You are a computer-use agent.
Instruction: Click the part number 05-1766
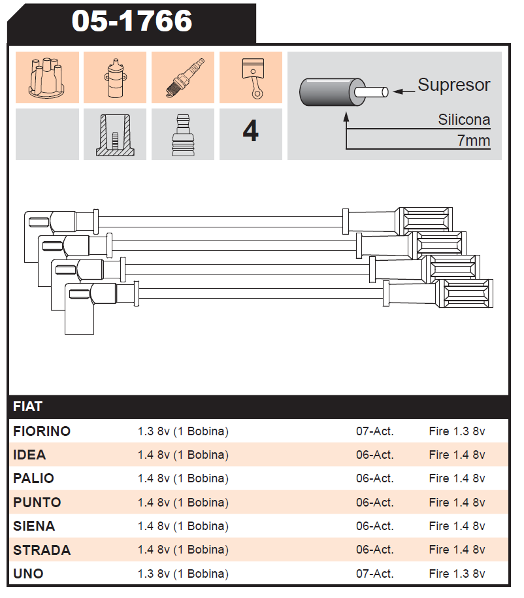(x=131, y=21)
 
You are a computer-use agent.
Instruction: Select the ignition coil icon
(x=115, y=77)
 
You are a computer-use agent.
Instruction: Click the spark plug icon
(x=183, y=77)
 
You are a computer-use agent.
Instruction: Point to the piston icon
(x=251, y=77)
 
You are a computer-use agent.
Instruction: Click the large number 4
(x=250, y=133)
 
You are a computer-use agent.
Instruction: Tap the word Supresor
(x=453, y=85)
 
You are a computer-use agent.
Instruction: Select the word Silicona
(x=464, y=120)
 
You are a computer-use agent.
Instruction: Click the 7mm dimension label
(x=474, y=141)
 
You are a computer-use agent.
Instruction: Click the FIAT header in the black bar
(x=27, y=407)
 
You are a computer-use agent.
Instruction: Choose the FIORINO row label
(x=42, y=431)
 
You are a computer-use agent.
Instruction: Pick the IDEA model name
(x=29, y=455)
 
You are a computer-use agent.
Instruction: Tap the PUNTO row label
(x=37, y=503)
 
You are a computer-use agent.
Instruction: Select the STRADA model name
(x=42, y=550)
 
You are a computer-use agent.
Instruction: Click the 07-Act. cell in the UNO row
(x=374, y=574)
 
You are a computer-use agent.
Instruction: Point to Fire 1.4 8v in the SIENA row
(x=457, y=526)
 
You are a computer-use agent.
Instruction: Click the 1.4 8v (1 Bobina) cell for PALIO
(x=183, y=478)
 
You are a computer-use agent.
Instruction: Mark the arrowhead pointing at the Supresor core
(x=398, y=92)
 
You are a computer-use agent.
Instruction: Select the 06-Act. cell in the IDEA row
(x=374, y=455)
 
